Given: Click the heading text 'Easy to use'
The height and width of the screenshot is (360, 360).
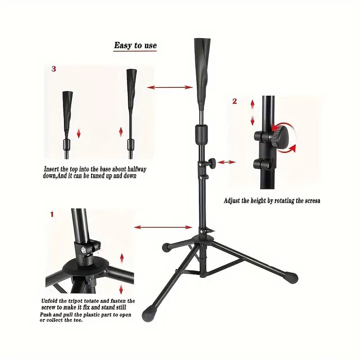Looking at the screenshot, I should [x=135, y=45].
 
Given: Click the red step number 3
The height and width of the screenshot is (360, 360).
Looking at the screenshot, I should [x=54, y=69].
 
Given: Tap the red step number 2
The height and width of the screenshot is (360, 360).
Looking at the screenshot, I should [x=234, y=101].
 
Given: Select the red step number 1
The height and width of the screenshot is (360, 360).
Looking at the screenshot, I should [x=52, y=215].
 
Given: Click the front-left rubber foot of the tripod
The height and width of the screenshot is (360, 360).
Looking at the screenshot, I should [x=148, y=313].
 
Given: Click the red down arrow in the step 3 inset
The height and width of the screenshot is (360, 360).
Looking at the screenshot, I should [x=78, y=133].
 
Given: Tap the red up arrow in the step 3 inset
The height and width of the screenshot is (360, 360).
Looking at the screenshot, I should [x=121, y=132].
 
